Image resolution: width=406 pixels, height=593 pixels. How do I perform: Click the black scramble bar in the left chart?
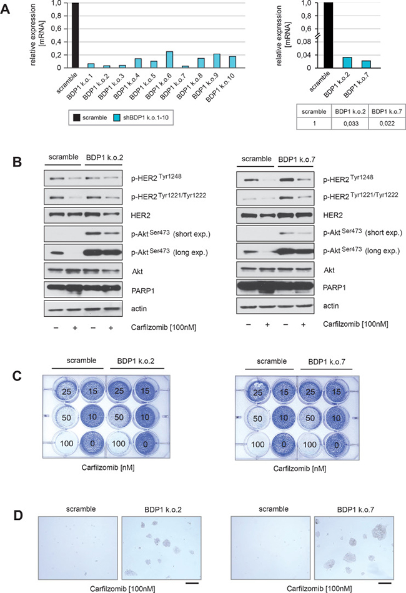pos(75,35)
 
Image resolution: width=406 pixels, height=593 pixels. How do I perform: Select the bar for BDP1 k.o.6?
pos(169,60)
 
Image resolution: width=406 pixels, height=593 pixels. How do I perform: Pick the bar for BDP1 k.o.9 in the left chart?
pos(217,61)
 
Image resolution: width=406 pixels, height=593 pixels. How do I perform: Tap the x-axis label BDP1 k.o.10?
pos(220,87)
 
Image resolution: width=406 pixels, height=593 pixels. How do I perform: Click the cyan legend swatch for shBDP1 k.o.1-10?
pos(117,117)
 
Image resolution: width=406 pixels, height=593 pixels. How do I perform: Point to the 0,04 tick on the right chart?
pos(306,55)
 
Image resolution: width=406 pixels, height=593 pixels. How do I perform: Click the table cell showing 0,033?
pos(351,123)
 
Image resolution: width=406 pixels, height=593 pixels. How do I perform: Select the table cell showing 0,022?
pos(387,123)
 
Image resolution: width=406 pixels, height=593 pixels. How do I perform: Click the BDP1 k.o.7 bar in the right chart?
pos(366,64)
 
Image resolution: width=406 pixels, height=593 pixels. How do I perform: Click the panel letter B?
pos(17,162)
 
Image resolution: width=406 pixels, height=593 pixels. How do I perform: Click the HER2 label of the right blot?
pos(333,215)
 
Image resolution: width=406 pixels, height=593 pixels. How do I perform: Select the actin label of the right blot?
pos(331,306)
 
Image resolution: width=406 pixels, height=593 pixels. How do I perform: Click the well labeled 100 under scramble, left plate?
pos(67,443)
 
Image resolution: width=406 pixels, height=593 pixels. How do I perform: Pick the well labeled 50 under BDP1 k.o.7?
pos(310,418)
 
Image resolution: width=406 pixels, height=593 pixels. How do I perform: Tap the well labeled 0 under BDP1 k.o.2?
pos(145,443)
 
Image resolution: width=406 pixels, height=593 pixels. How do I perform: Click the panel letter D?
pos(17,516)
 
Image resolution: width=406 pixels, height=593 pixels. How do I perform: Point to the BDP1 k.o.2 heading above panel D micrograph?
pos(163,510)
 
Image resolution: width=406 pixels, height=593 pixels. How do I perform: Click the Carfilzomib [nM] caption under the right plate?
pos(300,469)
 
